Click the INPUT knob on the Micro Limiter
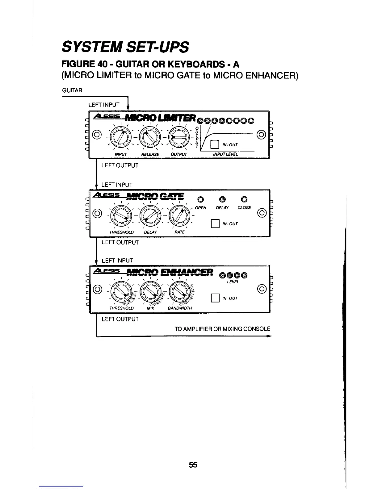click(120, 136)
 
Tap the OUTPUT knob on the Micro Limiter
click(179, 136)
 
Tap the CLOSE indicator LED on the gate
click(244, 199)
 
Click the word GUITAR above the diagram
click(72, 90)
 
